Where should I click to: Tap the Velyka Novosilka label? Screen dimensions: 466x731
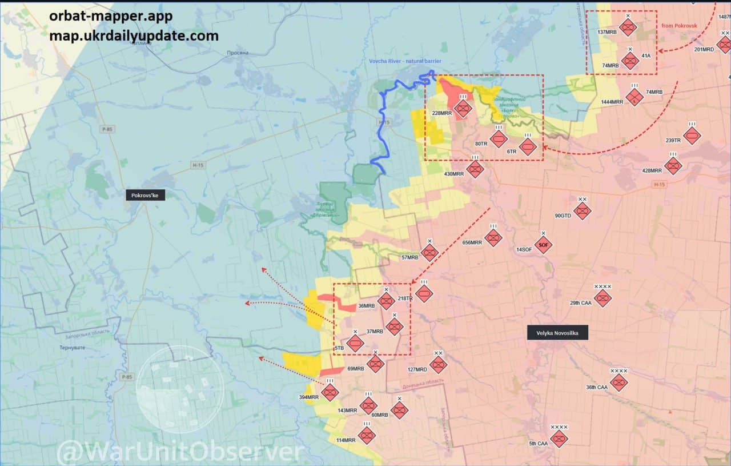click(557, 333)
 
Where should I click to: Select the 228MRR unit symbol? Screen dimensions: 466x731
click(463, 108)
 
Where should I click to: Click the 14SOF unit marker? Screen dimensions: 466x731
click(543, 245)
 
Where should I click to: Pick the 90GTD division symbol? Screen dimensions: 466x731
click(582, 211)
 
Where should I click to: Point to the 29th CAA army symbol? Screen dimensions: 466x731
click(603, 298)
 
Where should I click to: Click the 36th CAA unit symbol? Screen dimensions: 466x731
click(618, 382)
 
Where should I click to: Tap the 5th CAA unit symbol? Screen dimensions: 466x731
click(559, 439)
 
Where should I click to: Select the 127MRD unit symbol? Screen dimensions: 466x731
click(438, 364)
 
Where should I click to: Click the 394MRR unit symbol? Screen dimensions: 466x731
click(330, 392)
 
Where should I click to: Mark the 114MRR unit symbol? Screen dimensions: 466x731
click(367, 435)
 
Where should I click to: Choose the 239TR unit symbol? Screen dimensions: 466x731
click(692, 136)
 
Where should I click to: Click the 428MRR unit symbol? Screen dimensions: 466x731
click(673, 166)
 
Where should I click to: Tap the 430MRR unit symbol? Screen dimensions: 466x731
click(475, 169)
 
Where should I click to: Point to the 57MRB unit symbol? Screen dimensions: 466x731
click(429, 253)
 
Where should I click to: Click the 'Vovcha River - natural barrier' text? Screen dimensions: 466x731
click(405, 61)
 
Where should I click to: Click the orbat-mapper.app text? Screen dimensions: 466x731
click(110, 17)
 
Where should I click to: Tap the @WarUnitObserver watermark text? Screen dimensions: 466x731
click(180, 452)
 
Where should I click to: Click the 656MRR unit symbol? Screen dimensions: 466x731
click(493, 237)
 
